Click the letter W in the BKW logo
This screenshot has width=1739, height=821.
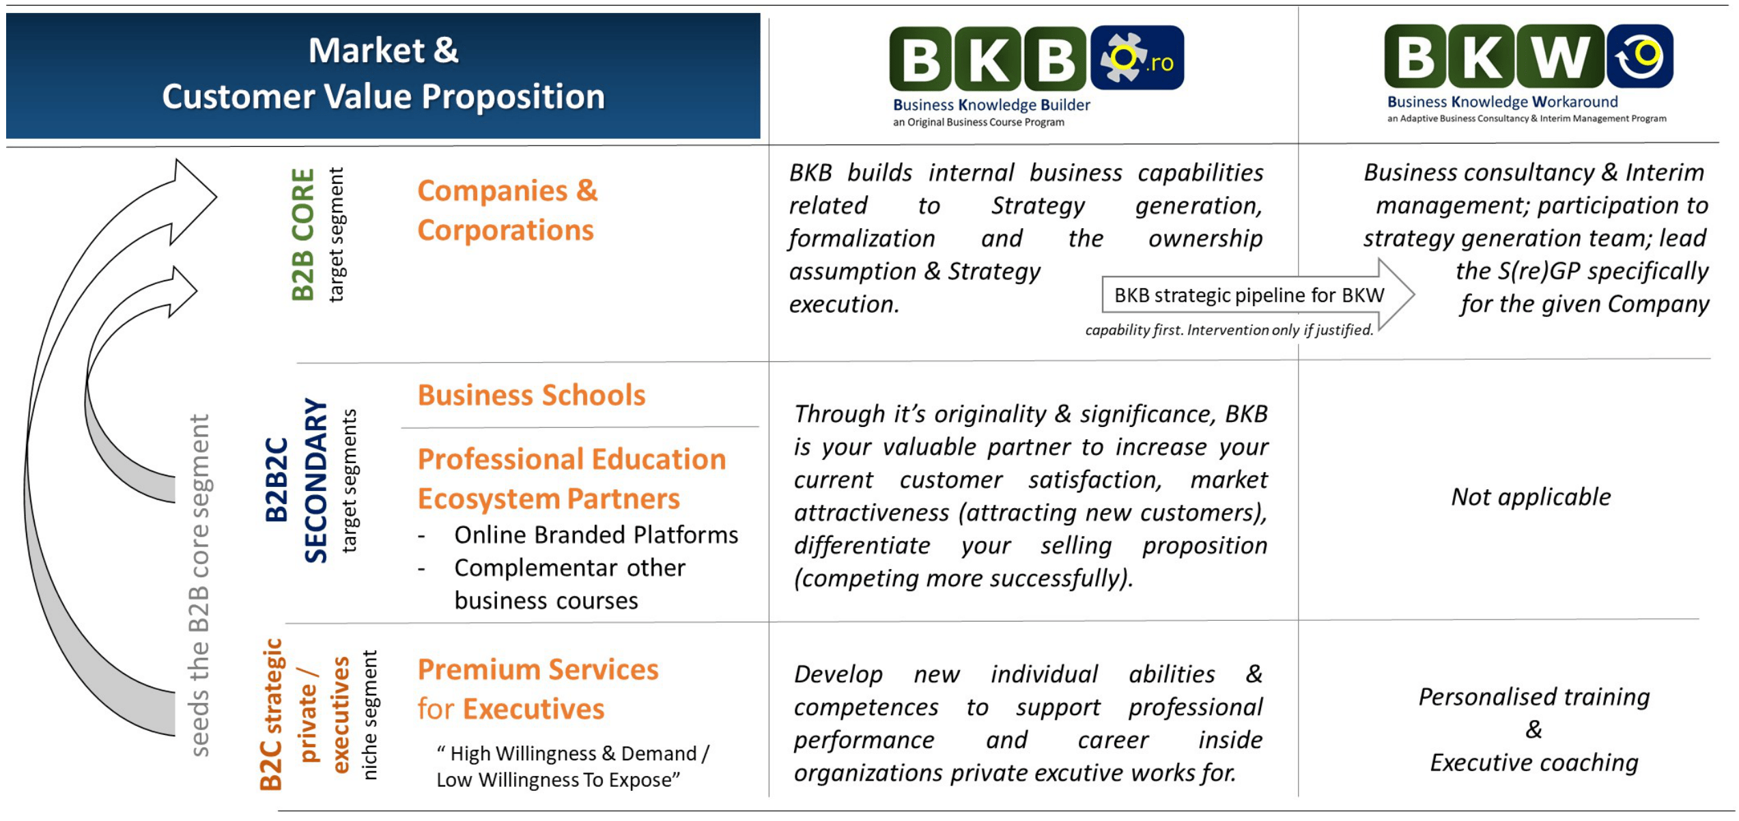(1558, 57)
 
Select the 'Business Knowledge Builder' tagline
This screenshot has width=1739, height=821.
(991, 105)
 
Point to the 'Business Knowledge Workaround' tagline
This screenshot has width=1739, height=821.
(1502, 102)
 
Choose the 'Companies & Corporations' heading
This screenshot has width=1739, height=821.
(507, 210)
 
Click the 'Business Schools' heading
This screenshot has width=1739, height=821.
(531, 395)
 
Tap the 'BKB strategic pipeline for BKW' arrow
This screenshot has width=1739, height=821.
(1249, 295)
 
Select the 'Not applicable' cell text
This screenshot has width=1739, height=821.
(1531, 497)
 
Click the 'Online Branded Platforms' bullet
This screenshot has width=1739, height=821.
(595, 535)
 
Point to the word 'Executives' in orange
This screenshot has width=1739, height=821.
(533, 709)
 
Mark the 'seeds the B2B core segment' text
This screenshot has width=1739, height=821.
(199, 585)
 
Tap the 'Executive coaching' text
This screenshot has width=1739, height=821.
(1533, 762)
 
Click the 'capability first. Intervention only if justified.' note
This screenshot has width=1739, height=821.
(1228, 331)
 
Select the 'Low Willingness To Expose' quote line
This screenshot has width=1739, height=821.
(558, 780)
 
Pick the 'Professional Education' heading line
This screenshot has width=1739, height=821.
(571, 459)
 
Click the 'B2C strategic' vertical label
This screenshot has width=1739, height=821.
(272, 714)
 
